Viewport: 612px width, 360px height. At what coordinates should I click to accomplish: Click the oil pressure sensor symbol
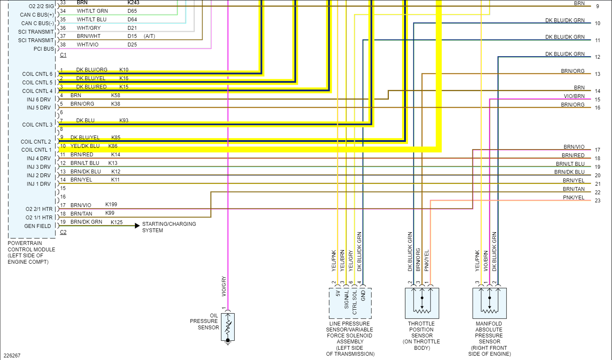[228, 327]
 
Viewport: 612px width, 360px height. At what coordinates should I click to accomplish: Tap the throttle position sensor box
[422, 303]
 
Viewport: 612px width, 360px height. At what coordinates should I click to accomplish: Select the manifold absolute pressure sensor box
[489, 303]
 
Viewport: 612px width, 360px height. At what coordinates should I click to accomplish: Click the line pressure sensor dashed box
[350, 303]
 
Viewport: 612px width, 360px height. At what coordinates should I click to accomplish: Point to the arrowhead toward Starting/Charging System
[137, 226]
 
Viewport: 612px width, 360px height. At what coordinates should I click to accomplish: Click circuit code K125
[117, 222]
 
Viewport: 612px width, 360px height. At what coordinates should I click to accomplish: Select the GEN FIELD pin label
[37, 226]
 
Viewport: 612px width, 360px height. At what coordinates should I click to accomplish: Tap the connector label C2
[63, 232]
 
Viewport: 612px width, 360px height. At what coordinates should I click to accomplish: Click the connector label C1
[63, 55]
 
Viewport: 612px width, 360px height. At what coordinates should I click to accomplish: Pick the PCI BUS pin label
[44, 49]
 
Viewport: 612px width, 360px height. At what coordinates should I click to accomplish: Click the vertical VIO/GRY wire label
[224, 286]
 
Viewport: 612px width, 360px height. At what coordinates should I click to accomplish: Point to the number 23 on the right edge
[598, 201]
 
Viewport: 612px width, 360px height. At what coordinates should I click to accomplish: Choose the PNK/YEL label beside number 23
[574, 198]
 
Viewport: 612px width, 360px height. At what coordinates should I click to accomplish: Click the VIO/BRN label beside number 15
[574, 96]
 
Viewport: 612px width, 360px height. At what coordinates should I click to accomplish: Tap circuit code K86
[113, 146]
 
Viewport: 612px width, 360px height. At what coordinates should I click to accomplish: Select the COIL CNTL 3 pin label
[37, 125]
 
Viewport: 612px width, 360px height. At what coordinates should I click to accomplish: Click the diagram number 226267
[12, 356]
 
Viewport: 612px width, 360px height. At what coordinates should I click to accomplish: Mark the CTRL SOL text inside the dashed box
[355, 302]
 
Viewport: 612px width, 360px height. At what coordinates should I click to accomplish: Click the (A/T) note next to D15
[149, 36]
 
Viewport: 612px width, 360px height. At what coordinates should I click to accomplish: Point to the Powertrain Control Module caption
[31, 253]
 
